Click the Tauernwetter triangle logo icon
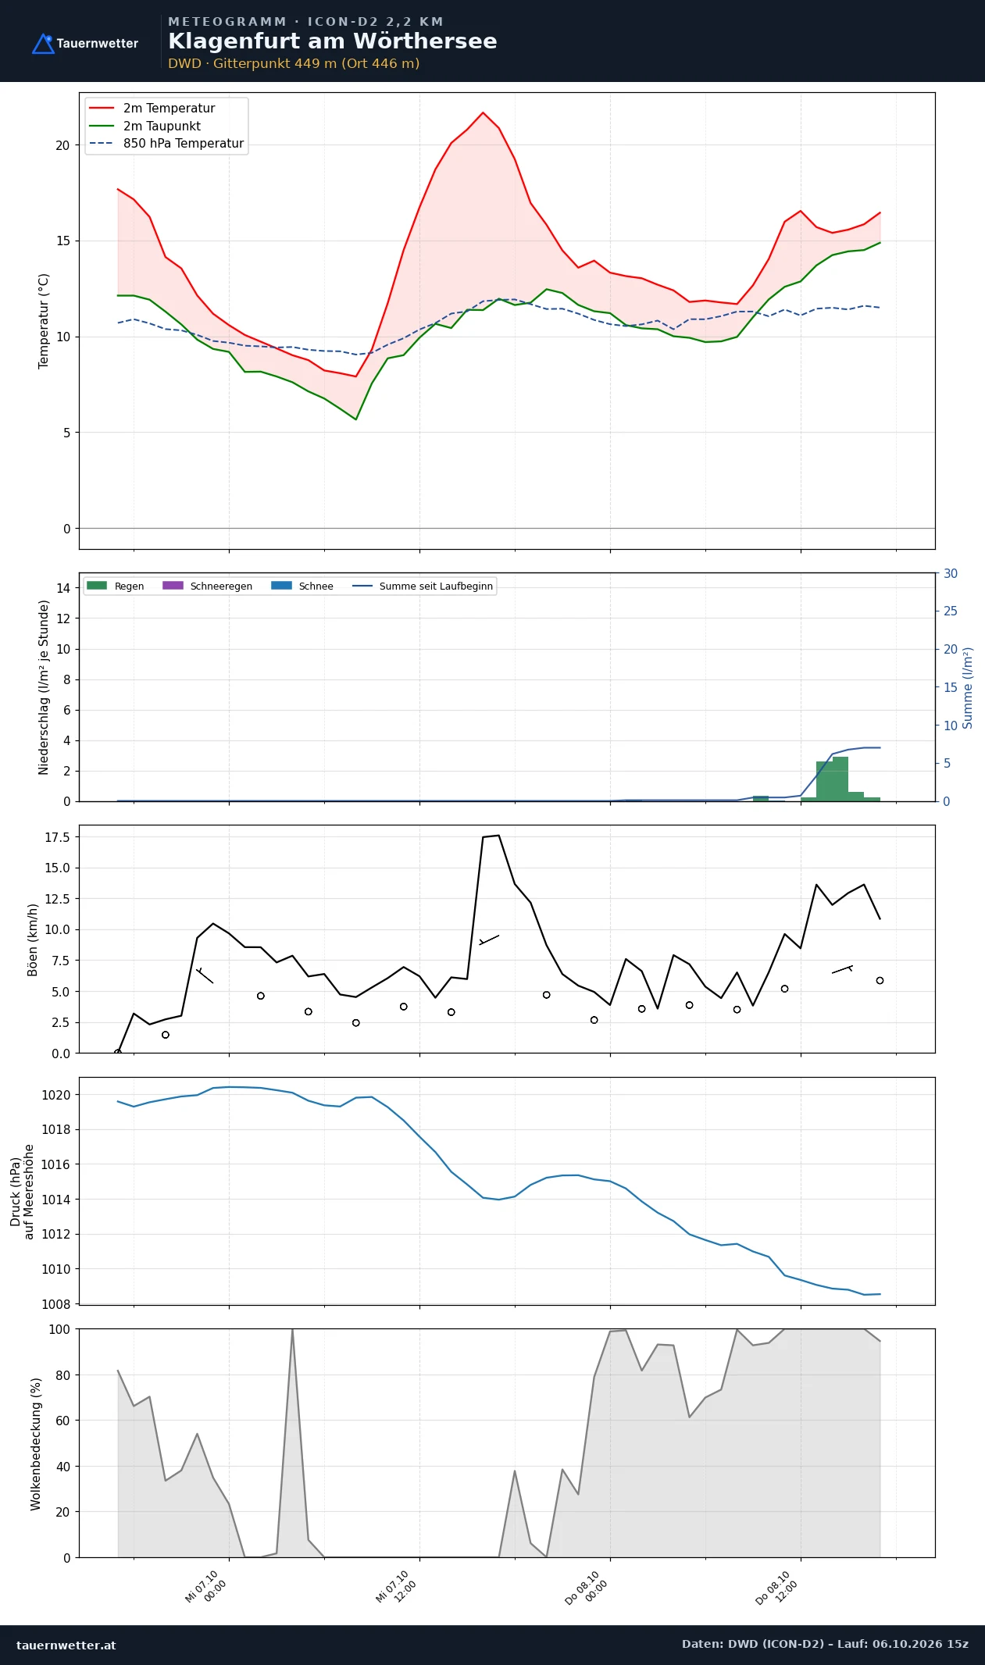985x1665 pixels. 43,44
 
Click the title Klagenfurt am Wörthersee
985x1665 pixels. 332,41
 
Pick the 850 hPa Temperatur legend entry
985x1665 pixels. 166,144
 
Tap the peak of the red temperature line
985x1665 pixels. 483,112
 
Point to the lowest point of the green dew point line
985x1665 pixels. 355,419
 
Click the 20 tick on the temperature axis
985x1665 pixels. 62,145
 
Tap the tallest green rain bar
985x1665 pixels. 840,779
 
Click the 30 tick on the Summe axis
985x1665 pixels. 951,573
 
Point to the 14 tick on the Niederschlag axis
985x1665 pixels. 63,588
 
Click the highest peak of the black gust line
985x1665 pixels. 498,836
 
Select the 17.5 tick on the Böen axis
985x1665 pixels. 57,837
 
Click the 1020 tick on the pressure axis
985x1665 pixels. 55,1095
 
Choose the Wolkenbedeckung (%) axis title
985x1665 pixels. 36,1444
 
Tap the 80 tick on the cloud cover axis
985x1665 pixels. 62,1375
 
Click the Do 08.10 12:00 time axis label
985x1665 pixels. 776,1588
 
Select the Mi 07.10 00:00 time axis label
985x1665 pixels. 205,1588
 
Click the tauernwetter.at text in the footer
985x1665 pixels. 66,1645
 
